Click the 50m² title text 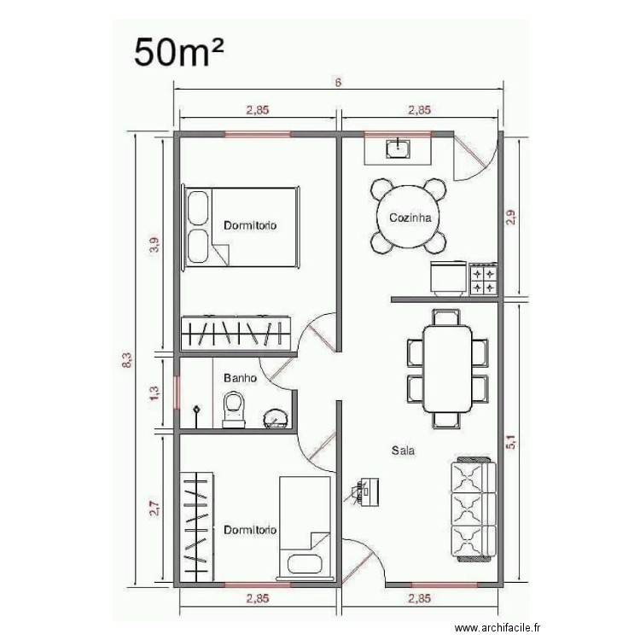178,53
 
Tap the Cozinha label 409,218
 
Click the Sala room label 403,450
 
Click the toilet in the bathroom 232,409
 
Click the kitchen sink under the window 399,150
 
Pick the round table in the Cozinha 408,218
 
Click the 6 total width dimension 338,83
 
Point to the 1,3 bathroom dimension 154,393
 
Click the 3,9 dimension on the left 154,246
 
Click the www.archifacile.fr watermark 499,625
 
